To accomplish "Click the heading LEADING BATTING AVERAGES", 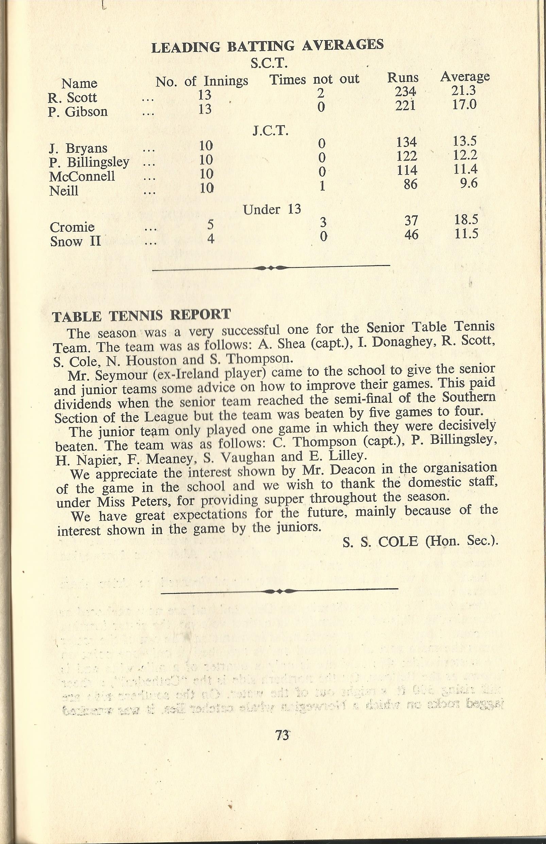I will click(x=267, y=46).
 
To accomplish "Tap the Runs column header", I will click(x=403, y=78).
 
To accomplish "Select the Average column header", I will click(x=464, y=76).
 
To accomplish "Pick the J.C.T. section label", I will click(x=270, y=132).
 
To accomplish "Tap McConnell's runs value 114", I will click(x=406, y=170).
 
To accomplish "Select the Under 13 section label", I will click(x=272, y=209).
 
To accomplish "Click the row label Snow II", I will click(x=75, y=241).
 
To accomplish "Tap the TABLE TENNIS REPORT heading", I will click(x=141, y=315).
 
